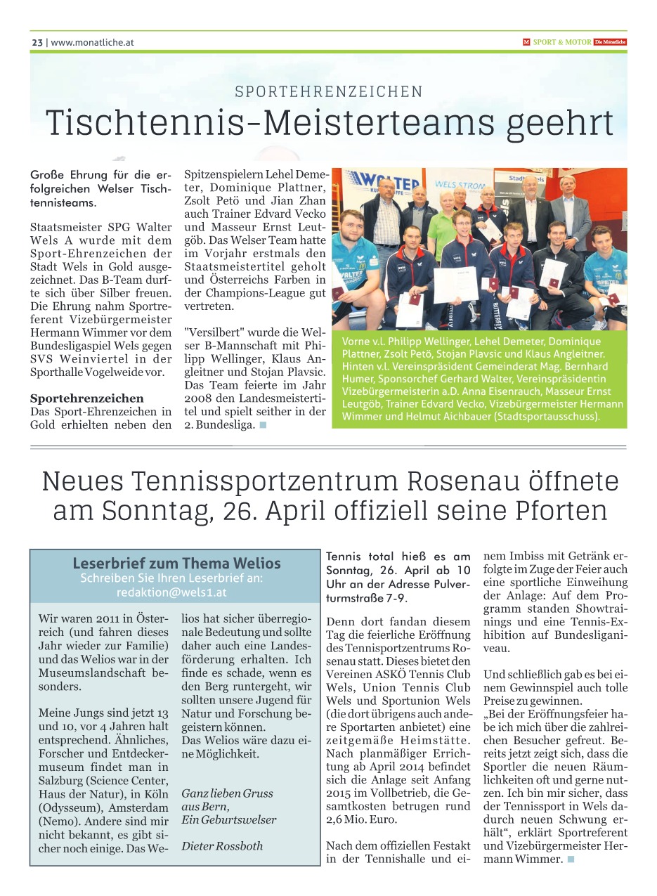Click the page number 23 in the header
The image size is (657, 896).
click(x=37, y=42)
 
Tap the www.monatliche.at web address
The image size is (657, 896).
click(x=92, y=42)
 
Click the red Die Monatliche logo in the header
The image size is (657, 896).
click(x=610, y=42)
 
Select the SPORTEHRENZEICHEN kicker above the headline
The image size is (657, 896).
click(x=329, y=91)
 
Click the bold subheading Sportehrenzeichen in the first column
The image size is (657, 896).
click(x=87, y=398)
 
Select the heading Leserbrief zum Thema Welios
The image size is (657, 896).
click(x=176, y=564)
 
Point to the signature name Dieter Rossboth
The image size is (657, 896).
click(x=222, y=846)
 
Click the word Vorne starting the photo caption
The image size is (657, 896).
click(x=358, y=341)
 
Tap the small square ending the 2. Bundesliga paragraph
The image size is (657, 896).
click(x=263, y=425)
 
